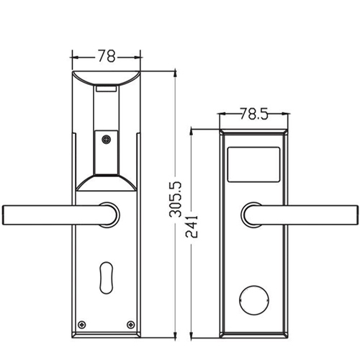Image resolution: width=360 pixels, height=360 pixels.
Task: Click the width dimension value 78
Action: (107, 55)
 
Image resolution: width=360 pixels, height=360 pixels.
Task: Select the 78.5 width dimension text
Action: (253, 114)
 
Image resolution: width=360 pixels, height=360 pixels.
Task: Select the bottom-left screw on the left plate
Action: (83, 323)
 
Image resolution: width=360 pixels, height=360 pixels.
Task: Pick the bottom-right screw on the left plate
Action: (130, 323)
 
